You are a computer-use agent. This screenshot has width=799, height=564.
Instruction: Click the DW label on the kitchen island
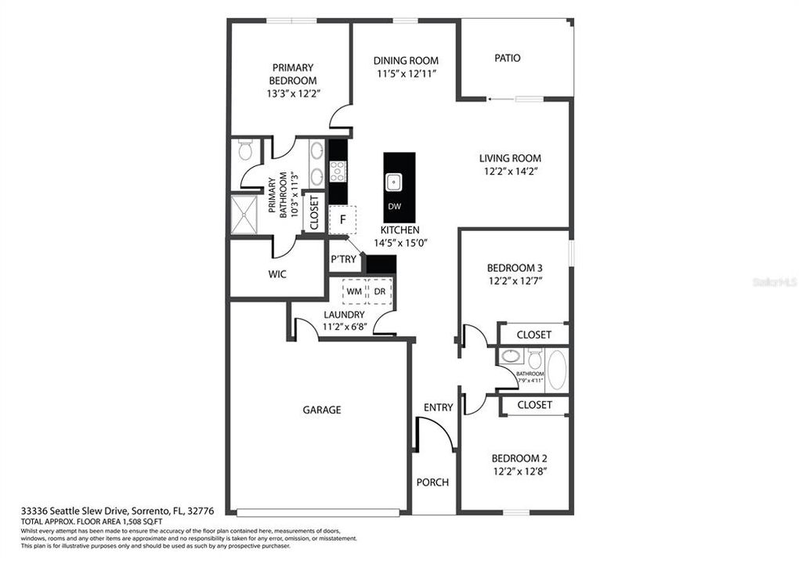[x=393, y=207]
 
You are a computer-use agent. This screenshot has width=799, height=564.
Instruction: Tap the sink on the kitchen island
[x=393, y=183]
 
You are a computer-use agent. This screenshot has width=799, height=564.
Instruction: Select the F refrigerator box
[x=342, y=220]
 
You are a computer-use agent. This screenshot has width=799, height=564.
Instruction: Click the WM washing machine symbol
[x=355, y=291]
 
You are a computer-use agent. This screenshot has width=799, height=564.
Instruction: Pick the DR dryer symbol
[x=379, y=291]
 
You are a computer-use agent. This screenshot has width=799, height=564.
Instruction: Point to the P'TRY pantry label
[x=343, y=259]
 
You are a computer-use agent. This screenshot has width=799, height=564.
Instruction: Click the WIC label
[x=277, y=274]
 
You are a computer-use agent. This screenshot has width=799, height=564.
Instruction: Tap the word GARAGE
[x=322, y=410]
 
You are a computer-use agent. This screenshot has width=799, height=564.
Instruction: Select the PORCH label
[x=432, y=482]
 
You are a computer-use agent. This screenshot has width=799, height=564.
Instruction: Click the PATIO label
[x=508, y=58]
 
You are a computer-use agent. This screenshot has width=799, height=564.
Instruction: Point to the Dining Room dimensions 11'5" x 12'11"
[x=406, y=74]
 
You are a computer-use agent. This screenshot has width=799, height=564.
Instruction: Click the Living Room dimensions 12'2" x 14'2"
[x=510, y=171]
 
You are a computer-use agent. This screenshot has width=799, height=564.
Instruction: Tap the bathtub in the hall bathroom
[x=557, y=370]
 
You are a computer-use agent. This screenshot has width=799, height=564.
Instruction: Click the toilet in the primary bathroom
[x=245, y=150]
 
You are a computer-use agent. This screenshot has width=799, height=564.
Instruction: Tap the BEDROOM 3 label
[x=515, y=267]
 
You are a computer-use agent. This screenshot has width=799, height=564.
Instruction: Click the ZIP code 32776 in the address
[x=198, y=511]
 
